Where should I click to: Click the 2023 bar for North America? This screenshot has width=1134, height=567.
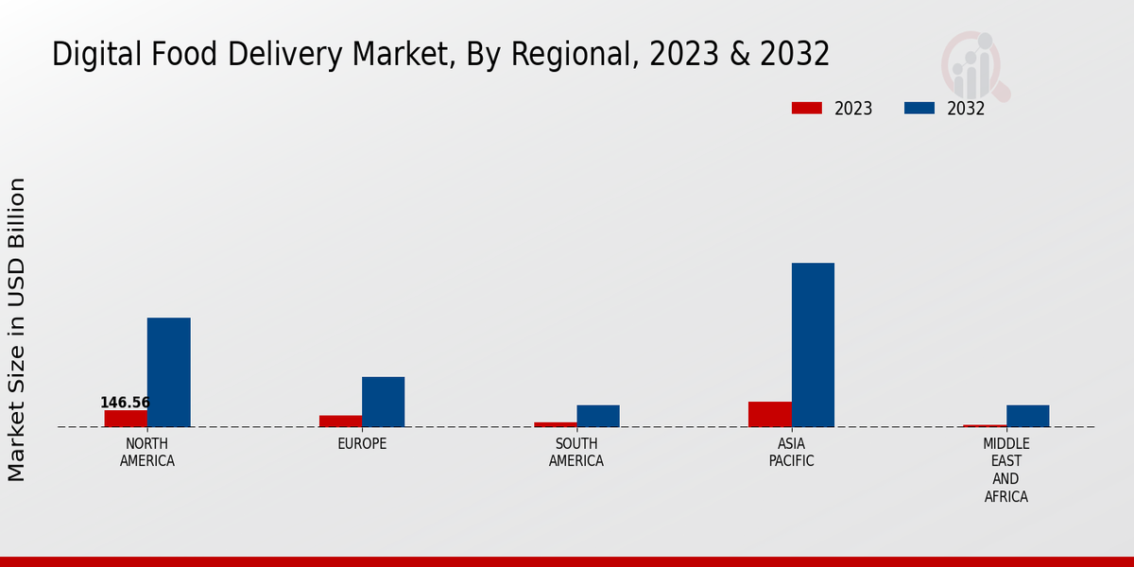(126, 419)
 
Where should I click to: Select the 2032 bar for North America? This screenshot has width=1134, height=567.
(168, 372)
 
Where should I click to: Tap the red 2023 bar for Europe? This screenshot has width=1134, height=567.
(340, 421)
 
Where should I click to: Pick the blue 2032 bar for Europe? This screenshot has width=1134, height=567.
(383, 402)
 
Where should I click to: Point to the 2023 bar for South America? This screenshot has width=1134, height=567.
(555, 424)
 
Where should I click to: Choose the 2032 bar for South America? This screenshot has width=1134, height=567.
(598, 416)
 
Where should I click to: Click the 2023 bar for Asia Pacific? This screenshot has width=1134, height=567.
(769, 414)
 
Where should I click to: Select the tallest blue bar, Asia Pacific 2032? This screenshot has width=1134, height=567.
(813, 345)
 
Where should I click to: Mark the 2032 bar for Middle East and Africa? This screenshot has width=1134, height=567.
(1027, 416)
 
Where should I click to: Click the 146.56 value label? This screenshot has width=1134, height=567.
(125, 403)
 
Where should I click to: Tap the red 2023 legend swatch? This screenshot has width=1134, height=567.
(806, 109)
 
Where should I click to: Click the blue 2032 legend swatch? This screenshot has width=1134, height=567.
(919, 109)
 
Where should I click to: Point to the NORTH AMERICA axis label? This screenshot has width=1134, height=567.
(146, 453)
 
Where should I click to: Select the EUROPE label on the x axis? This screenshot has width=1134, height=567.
(362, 444)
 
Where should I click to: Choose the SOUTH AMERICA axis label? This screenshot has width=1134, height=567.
(576, 453)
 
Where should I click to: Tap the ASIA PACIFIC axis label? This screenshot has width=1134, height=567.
(791, 453)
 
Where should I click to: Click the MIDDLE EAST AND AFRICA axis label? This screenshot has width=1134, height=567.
(1005, 471)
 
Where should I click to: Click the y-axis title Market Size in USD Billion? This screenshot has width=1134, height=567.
(17, 329)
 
